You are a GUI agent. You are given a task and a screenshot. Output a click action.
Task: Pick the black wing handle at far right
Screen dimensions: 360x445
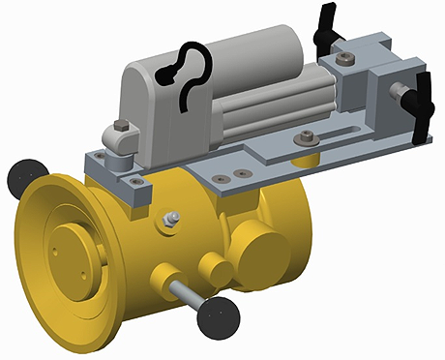click(423, 106)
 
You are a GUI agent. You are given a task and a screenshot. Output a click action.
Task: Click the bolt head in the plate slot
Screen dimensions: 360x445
click(307, 136)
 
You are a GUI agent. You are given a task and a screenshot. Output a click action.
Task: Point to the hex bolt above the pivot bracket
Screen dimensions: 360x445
click(119, 126)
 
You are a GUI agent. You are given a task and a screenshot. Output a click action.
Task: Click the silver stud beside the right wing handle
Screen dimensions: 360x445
click(397, 92)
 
